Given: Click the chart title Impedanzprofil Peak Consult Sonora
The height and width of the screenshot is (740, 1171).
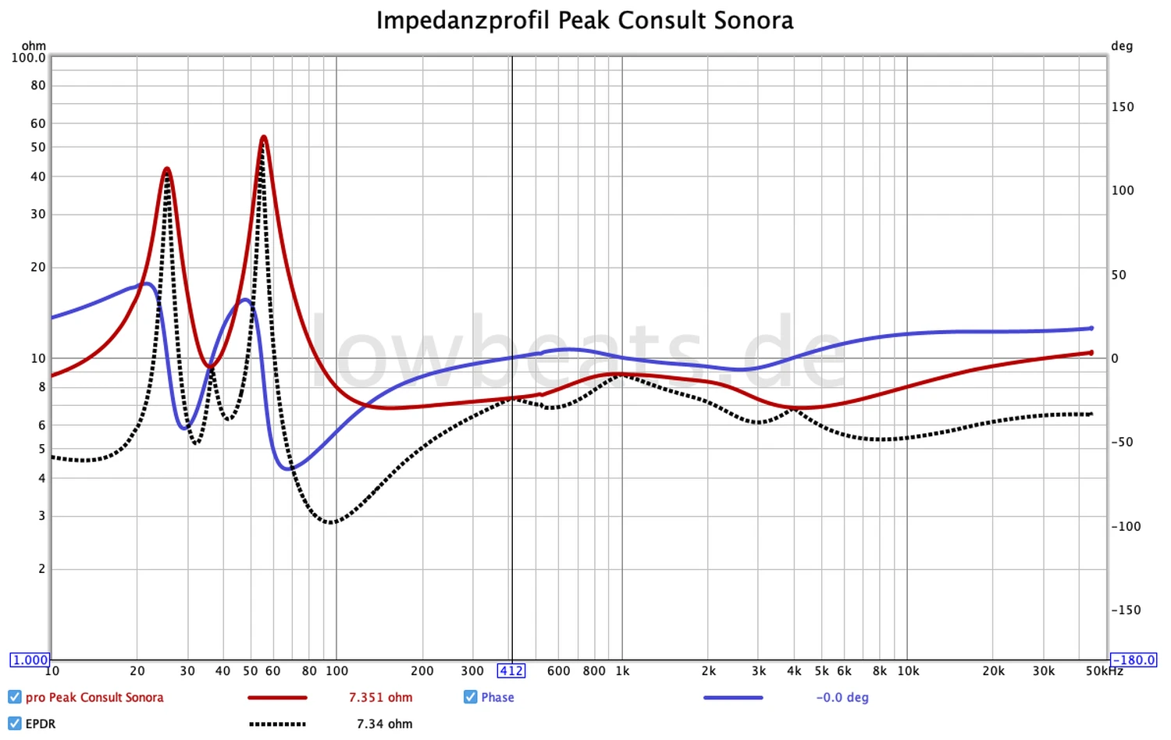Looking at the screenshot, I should [585, 20].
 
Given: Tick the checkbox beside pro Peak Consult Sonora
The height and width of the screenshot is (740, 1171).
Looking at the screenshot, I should [15, 697].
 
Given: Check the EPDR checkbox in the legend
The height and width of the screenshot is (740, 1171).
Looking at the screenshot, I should [15, 724].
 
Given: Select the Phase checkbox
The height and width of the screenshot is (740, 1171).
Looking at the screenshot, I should [470, 697].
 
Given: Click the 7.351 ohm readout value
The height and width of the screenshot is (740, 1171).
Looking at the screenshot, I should [380, 697].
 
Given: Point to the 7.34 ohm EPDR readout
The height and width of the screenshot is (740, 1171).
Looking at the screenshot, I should [384, 724].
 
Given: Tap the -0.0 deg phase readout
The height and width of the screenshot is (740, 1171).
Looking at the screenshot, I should [842, 697].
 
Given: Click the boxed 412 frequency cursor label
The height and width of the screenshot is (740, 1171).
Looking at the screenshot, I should [511, 671].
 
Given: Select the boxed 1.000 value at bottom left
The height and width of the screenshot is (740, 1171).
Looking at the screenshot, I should [30, 660].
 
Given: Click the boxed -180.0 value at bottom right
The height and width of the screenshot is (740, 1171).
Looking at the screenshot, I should [1133, 660].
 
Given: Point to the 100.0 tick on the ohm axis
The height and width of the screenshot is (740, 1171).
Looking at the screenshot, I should [28, 58].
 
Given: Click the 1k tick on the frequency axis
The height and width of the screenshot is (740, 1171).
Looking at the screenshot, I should [622, 671].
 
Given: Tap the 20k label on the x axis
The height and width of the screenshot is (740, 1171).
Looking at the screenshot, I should [993, 671].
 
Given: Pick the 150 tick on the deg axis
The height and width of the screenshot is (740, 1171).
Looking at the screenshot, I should [1123, 107].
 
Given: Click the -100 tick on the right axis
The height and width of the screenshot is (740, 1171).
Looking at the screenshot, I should [1126, 526].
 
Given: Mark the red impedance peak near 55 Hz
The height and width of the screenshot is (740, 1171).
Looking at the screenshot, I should [264, 138].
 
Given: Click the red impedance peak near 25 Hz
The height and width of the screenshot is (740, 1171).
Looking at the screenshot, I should [167, 169].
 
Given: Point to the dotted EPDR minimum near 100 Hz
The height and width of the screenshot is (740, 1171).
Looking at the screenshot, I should [332, 522].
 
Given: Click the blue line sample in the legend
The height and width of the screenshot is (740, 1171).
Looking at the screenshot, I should [733, 697].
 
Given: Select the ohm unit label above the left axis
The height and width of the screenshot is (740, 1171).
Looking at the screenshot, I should [34, 46].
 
